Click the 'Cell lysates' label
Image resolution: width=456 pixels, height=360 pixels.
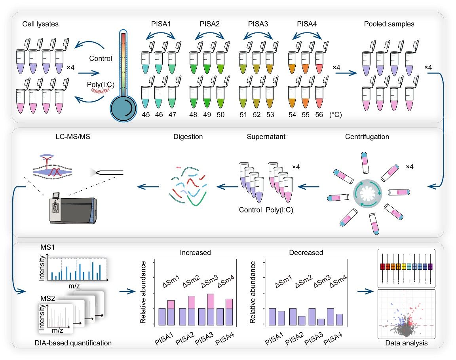click(x=40, y=24)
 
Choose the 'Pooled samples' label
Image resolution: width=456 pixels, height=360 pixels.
click(x=389, y=24)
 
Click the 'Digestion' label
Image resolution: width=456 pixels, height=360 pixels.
click(x=188, y=137)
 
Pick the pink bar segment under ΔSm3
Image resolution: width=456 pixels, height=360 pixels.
click(x=211, y=301)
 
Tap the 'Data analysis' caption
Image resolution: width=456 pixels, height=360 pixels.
click(x=407, y=343)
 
